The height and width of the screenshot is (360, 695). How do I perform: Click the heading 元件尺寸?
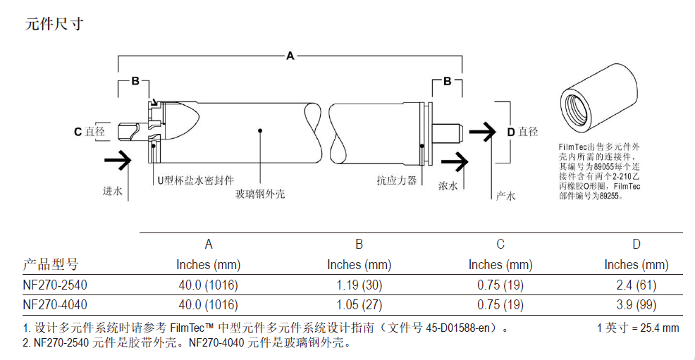(54, 23)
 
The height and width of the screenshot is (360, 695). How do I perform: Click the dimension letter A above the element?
(290, 56)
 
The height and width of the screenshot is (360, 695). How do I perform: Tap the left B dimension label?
(135, 81)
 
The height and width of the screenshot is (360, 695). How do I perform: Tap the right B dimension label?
(447, 81)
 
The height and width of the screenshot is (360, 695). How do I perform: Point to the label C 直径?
(90, 132)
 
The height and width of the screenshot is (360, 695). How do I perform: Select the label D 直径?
(522, 132)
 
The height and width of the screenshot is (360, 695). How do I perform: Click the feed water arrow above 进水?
(118, 160)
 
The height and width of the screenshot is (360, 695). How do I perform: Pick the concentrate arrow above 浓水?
(455, 161)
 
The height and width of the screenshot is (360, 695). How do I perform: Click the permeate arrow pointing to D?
(482, 132)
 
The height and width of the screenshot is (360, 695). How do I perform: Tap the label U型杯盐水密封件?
(195, 180)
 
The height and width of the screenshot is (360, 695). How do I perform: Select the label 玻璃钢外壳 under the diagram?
(260, 194)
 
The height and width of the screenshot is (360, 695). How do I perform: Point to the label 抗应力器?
(397, 180)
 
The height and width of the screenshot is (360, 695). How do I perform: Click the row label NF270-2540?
(55, 285)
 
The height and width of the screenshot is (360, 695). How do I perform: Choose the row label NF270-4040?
(55, 304)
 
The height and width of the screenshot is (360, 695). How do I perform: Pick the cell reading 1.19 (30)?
(359, 285)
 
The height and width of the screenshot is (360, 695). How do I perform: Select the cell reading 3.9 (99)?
(636, 304)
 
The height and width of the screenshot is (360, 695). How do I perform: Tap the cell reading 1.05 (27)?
(359, 304)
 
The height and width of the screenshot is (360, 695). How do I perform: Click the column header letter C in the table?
(500, 244)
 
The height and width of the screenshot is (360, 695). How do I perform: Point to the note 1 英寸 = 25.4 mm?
(638, 328)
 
